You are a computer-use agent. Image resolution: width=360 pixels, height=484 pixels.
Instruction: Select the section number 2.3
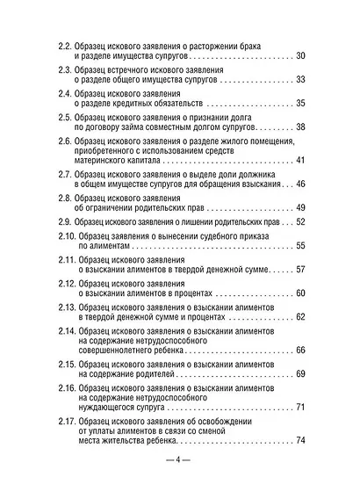pos(67,69)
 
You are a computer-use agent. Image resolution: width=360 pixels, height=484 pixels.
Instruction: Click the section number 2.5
pos(67,116)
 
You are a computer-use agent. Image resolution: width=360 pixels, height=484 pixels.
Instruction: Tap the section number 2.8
pos(67,197)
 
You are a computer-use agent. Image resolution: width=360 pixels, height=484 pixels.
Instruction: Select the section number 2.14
pos(68,329)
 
